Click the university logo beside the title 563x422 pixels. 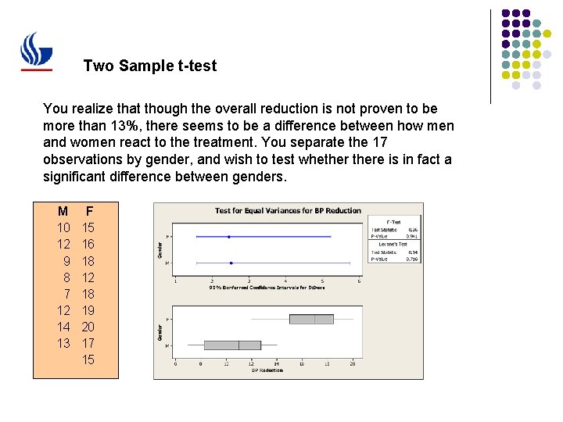pos(37,52)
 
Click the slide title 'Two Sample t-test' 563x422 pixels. pos(149,66)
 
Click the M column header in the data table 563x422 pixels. pos(63,211)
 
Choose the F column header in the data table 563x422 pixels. pos(89,211)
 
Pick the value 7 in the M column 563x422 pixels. pos(66,294)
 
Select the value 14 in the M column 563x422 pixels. pos(63,327)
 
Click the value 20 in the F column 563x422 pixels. pos(88,327)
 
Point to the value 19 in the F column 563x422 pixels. pos(88,310)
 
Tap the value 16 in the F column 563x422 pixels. pos(88,244)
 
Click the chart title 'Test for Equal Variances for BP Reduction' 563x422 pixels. pos(288,210)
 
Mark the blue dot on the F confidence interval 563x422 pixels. pos(228,236)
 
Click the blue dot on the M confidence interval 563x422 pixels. pos(231,263)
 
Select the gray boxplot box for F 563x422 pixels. pos(311,319)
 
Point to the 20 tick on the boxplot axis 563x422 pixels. pos(353,363)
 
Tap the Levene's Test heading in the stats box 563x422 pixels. pos(393,244)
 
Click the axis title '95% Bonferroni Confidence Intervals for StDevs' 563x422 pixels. pos(266,287)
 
